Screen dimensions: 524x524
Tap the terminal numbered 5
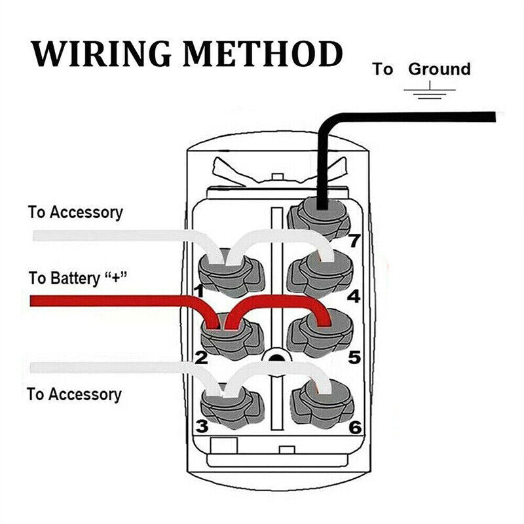pos(320,330)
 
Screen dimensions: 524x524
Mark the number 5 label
pos(354,358)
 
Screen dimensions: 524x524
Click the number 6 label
pos(354,427)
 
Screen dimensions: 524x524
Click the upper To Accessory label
pos(75,212)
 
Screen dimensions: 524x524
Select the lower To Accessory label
pos(74,394)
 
